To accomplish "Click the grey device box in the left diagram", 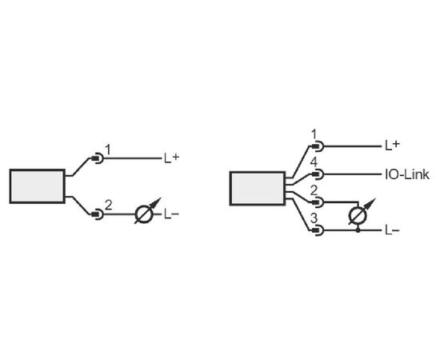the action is (38, 186).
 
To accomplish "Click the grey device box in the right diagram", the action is (258, 188).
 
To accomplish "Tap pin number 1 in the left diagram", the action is (108, 150).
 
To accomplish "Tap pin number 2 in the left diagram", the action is (108, 205).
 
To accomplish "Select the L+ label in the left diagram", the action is (171, 158).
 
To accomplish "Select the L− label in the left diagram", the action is (171, 215).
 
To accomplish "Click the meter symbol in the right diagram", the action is (360, 213).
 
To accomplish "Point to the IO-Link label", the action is (407, 174).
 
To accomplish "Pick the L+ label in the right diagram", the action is (392, 145).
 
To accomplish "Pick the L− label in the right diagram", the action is (392, 230).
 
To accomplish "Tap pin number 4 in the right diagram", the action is (314, 163).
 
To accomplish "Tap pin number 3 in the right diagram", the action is (314, 218).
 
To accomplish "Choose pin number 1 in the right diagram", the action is (314, 134).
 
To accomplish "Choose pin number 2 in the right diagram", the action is (314, 191).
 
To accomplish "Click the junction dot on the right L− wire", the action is (358, 230).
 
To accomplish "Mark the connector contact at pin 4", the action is (318, 174).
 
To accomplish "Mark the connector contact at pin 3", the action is (318, 230).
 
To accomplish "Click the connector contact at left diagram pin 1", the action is (98, 158).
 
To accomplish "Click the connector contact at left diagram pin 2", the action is (98, 214).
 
